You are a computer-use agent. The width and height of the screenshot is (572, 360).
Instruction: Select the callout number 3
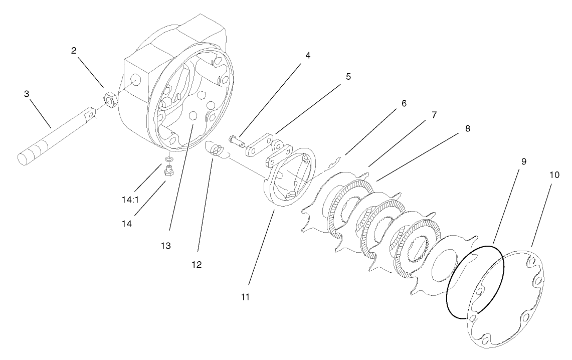point(27,94)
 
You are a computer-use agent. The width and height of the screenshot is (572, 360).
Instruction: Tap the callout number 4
point(308,55)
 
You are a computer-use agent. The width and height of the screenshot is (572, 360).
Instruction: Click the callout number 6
point(404,103)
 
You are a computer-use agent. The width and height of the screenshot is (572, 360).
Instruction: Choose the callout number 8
point(467,129)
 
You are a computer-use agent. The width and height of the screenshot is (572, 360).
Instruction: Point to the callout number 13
point(166,246)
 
